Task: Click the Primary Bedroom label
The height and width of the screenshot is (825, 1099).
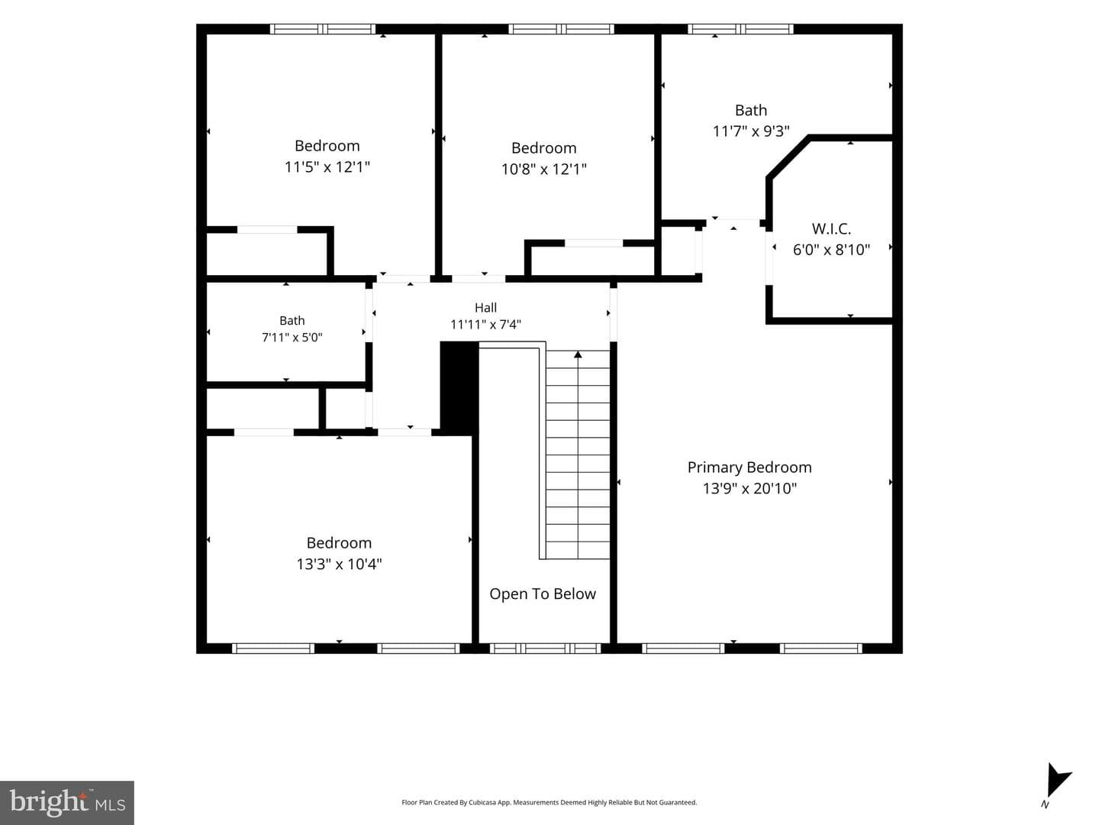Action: click(749, 467)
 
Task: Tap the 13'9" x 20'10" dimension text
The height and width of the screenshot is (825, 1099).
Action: click(749, 488)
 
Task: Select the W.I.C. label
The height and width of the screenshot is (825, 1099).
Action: click(831, 229)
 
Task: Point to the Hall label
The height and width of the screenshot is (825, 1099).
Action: click(485, 308)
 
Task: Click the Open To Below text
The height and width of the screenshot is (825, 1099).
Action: click(543, 594)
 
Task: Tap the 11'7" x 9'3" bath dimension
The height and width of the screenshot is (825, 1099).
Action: click(751, 131)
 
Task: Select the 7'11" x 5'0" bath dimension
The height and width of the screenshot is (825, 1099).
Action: click(292, 337)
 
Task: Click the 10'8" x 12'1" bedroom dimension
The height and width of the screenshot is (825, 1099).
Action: click(543, 170)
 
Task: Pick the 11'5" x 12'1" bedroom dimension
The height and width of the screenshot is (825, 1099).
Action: click(327, 167)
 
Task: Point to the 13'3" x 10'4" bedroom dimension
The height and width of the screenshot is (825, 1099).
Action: click(339, 564)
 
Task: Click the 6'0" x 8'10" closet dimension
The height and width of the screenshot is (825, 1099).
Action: click(831, 250)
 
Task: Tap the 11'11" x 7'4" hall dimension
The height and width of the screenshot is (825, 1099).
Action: click(485, 325)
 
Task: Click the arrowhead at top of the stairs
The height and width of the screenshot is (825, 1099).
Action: click(578, 354)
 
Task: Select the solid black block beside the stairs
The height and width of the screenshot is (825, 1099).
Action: click(459, 387)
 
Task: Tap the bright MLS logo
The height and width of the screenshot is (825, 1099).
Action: click(67, 802)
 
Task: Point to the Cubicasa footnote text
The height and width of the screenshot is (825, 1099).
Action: click(549, 802)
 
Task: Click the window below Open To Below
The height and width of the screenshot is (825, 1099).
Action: click(545, 649)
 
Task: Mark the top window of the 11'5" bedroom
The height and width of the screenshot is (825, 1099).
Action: click(323, 29)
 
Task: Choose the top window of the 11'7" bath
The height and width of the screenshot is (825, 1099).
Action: click(740, 29)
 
